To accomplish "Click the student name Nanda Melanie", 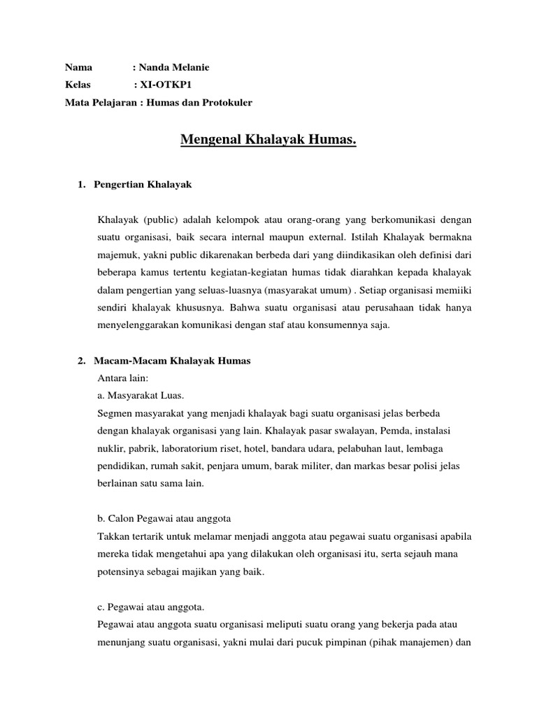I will pyautogui.click(x=173, y=67).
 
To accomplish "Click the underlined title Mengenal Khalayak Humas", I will pyautogui.click(x=268, y=140).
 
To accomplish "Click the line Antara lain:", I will pyautogui.click(x=124, y=378).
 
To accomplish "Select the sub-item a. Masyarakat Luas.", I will pyautogui.click(x=141, y=396).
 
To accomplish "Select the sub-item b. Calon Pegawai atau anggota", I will pyautogui.click(x=164, y=519).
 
